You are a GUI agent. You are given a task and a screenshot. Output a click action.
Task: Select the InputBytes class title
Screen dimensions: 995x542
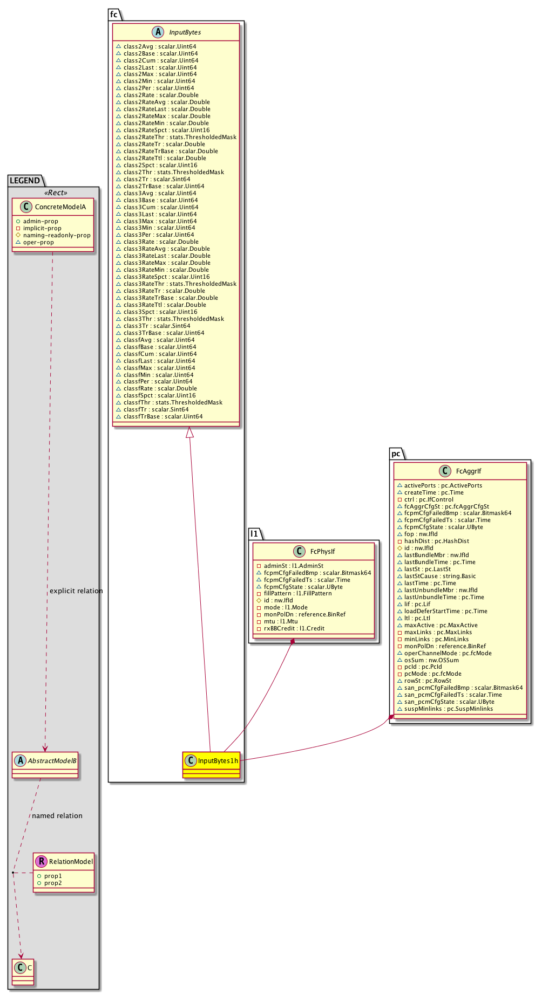[185, 32]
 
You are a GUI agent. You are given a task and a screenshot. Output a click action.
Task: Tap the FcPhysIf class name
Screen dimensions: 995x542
[322, 552]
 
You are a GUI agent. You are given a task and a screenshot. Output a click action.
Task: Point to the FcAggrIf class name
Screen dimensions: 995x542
[468, 471]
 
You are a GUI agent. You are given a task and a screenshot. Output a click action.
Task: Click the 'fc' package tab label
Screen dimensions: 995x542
[114, 15]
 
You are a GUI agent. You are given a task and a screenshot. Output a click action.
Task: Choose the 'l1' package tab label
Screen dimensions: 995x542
[254, 533]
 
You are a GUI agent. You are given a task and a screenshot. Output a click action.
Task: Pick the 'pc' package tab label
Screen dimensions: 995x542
[396, 454]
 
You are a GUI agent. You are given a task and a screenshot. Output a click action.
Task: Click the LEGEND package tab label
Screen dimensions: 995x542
[25, 181]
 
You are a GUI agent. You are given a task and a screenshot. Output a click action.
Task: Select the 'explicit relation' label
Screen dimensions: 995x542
[76, 591]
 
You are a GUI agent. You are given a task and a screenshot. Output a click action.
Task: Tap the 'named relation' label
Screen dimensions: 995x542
[57, 816]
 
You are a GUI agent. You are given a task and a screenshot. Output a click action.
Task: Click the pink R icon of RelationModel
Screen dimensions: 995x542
[41, 862]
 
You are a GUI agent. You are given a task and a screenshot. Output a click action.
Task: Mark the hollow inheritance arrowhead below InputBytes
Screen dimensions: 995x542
[189, 432]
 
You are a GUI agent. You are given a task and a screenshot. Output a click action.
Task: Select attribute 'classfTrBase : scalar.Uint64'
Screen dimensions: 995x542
[163, 416]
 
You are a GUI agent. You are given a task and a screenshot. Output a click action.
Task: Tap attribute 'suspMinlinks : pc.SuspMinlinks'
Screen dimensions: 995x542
[448, 709]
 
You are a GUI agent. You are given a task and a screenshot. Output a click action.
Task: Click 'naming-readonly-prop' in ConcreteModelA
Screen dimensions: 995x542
[57, 235]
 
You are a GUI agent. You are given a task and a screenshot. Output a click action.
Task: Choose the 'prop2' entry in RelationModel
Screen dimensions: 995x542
[53, 883]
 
